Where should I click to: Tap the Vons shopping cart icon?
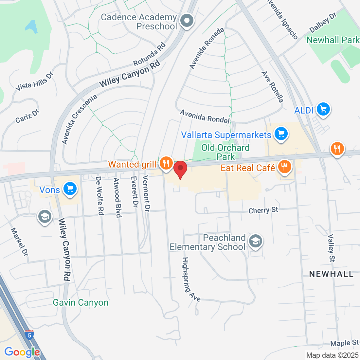(x=70, y=189)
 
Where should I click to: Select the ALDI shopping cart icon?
(x=323, y=109)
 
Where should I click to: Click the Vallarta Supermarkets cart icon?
(x=281, y=134)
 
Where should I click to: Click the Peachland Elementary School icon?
(x=255, y=242)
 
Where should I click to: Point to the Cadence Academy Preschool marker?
(x=187, y=21)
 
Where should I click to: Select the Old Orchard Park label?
(x=225, y=152)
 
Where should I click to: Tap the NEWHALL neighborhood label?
(x=331, y=274)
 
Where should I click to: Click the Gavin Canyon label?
(x=81, y=302)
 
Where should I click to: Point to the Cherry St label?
(x=263, y=210)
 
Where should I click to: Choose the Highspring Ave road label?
(x=191, y=279)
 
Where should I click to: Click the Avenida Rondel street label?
(x=205, y=117)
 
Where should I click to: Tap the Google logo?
(x=22, y=352)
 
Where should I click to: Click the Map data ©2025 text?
(x=332, y=355)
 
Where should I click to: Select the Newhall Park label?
(x=333, y=40)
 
